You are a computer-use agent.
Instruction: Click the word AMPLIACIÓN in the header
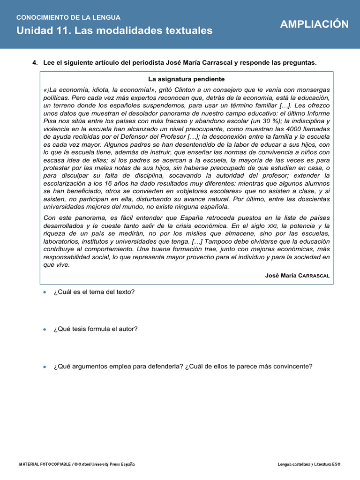tap(315, 24)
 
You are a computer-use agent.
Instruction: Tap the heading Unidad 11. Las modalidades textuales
tap(114, 30)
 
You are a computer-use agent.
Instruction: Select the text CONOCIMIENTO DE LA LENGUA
tap(68, 17)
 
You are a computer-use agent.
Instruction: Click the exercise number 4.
tap(35, 62)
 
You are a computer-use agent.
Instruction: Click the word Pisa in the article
tap(51, 121)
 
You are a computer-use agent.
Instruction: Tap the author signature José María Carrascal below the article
tap(297, 276)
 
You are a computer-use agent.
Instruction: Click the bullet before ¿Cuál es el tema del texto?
tap(44, 292)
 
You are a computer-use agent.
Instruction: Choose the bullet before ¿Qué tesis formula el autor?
tap(44, 329)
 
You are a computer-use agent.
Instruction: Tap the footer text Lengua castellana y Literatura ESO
tap(309, 464)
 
